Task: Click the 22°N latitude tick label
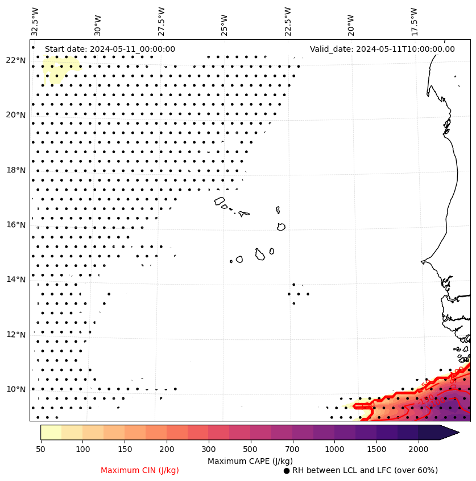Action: [x=15, y=60]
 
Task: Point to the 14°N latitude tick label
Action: [x=15, y=279]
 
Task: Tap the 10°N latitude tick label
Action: [x=15, y=389]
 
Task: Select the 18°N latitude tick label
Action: [x=15, y=170]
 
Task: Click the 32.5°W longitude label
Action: [x=35, y=21]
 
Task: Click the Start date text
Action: [x=110, y=49]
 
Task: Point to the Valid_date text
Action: [x=382, y=49]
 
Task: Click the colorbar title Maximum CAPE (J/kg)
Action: [x=250, y=461]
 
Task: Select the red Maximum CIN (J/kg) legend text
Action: [x=140, y=470]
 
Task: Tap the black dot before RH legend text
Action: [x=287, y=471]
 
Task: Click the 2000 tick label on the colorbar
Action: [x=419, y=450]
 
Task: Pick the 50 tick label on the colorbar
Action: [x=40, y=450]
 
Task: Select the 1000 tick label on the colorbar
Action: [x=334, y=450]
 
